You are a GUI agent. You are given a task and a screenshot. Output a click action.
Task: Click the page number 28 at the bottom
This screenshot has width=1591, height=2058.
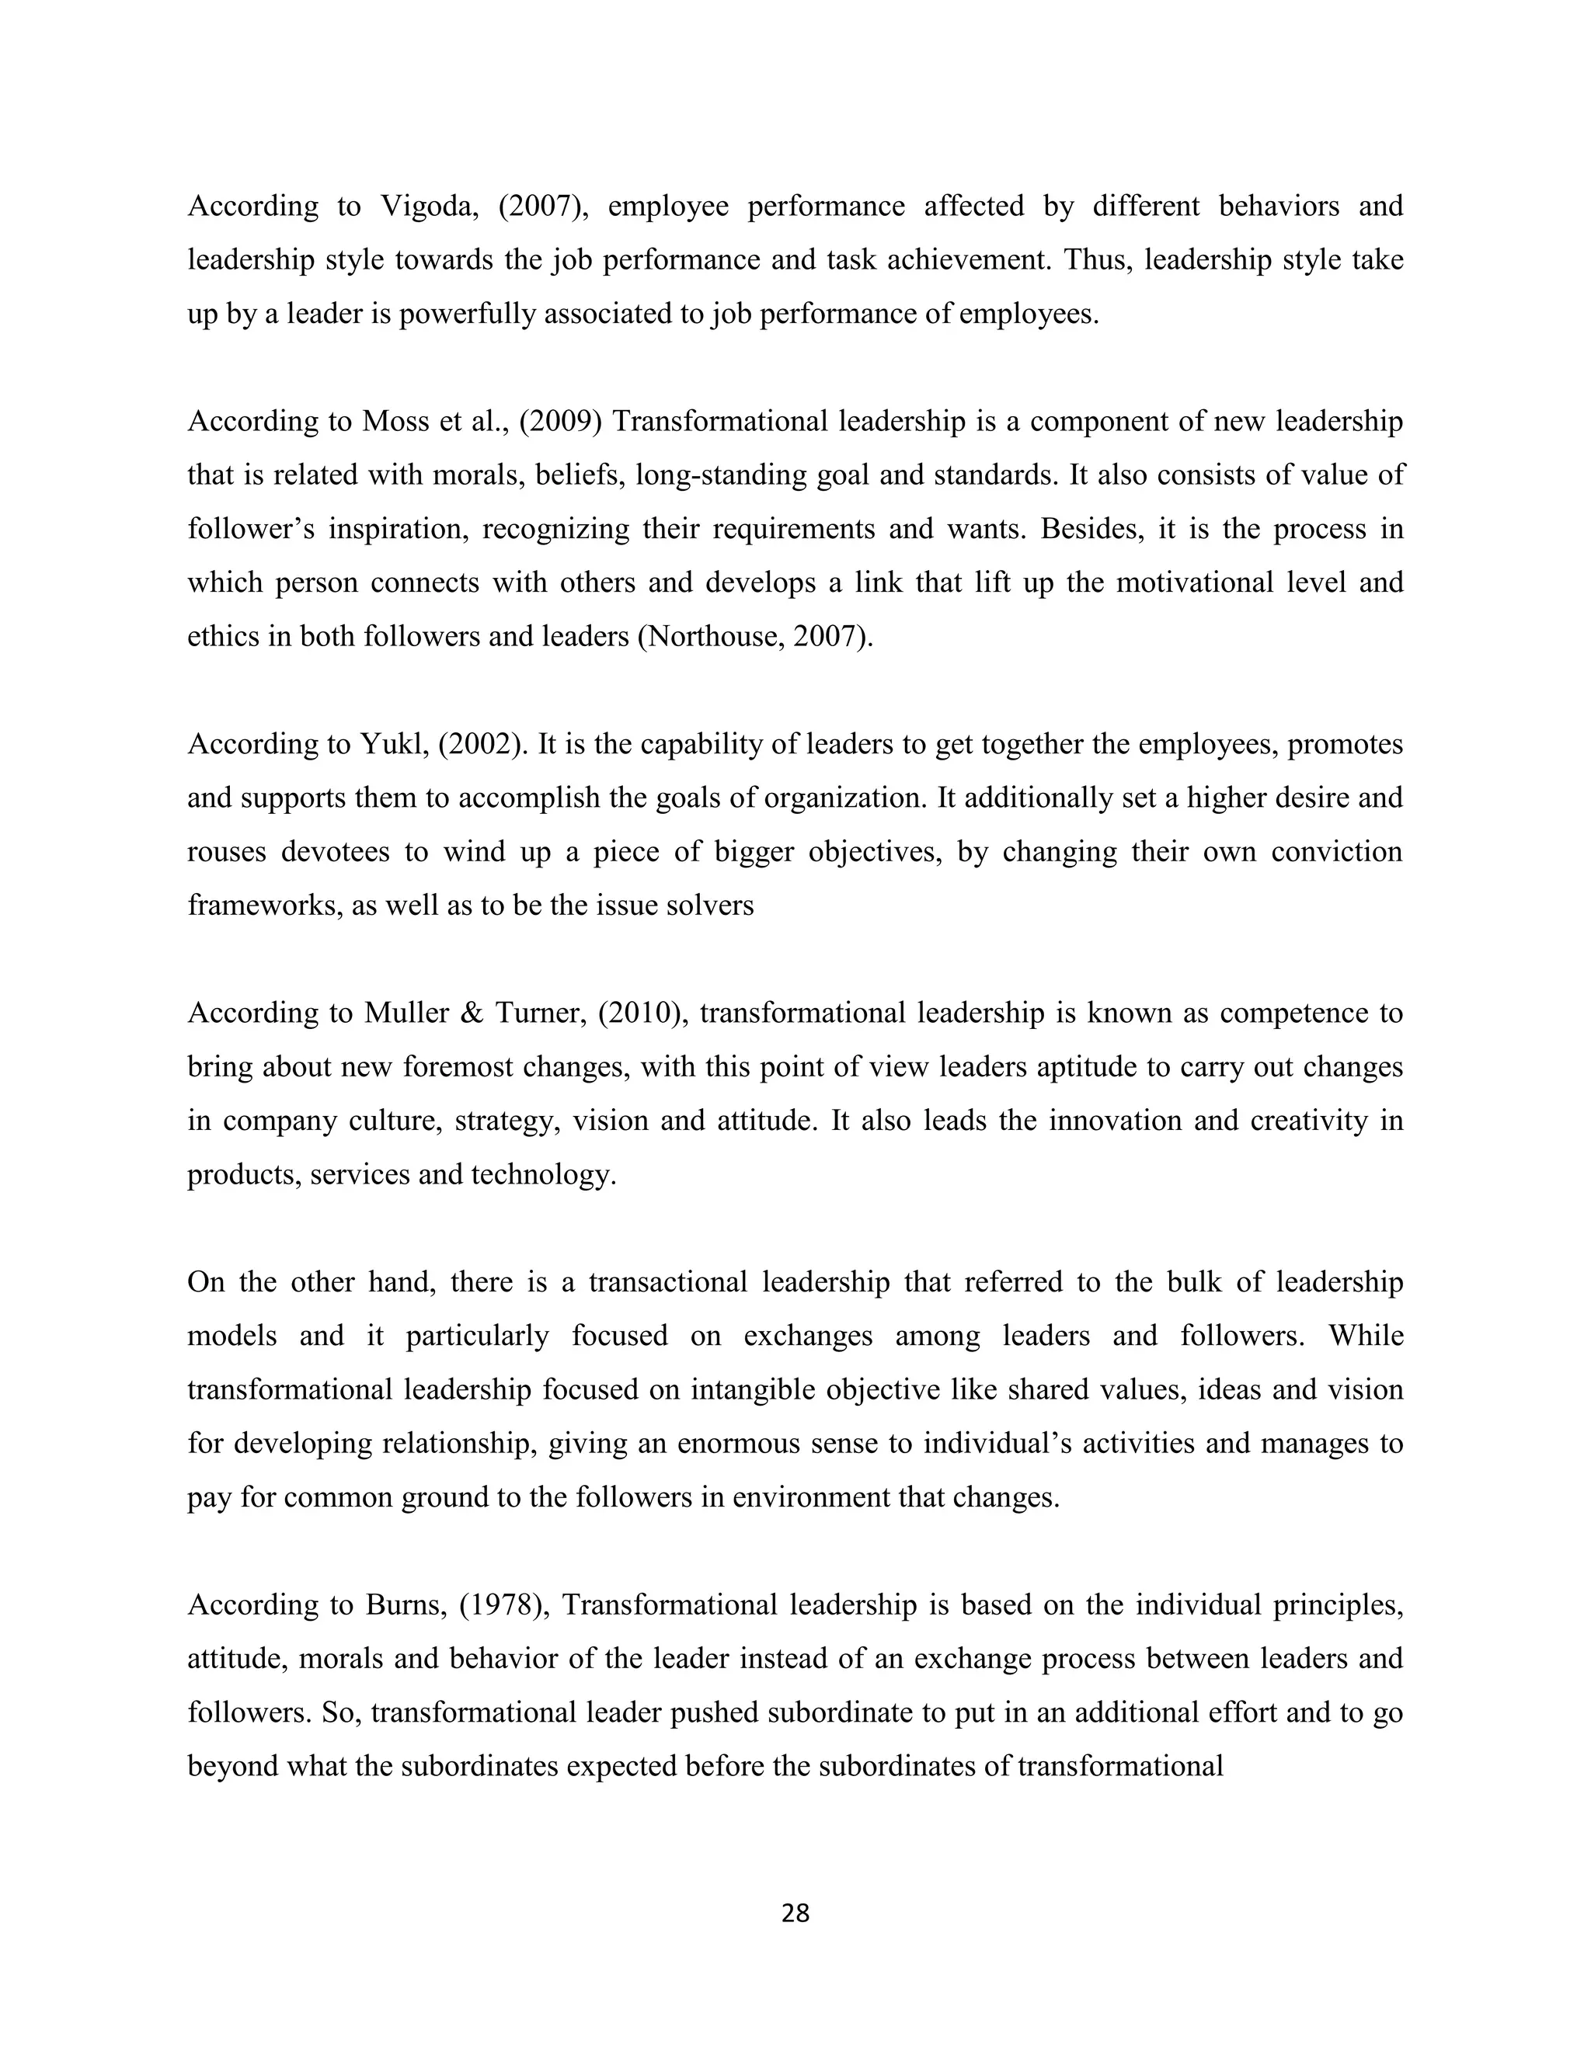(x=795, y=1914)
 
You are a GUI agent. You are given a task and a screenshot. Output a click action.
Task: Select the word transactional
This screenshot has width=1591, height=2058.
(x=667, y=1282)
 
